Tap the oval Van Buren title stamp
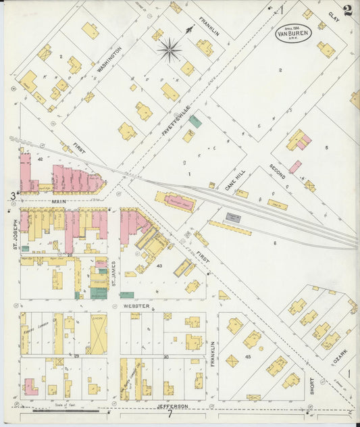(293, 33)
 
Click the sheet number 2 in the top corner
(347, 10)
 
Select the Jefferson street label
(172, 407)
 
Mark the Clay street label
(332, 15)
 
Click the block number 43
(160, 266)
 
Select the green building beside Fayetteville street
(195, 121)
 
